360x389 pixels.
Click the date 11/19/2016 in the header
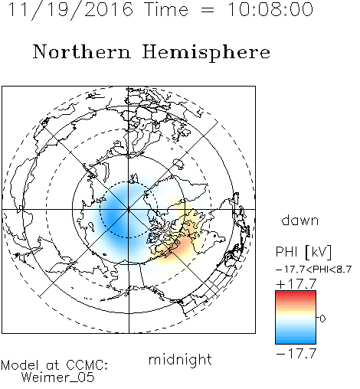(70, 10)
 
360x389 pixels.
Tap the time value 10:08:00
(270, 9)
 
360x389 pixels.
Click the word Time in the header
(166, 9)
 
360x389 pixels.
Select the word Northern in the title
(82, 51)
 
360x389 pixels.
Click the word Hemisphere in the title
(206, 53)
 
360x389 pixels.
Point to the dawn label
(300, 220)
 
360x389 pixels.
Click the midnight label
(180, 360)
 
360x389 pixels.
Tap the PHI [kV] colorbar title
(303, 252)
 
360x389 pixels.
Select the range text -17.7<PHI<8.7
(314, 270)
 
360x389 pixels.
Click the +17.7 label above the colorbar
(296, 284)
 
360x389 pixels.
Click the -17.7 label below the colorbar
(296, 354)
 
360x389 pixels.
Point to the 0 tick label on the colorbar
(322, 319)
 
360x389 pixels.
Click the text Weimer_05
(58, 378)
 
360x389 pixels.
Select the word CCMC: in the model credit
(87, 365)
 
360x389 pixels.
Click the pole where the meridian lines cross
(129, 209)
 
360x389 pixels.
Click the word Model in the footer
(20, 365)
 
